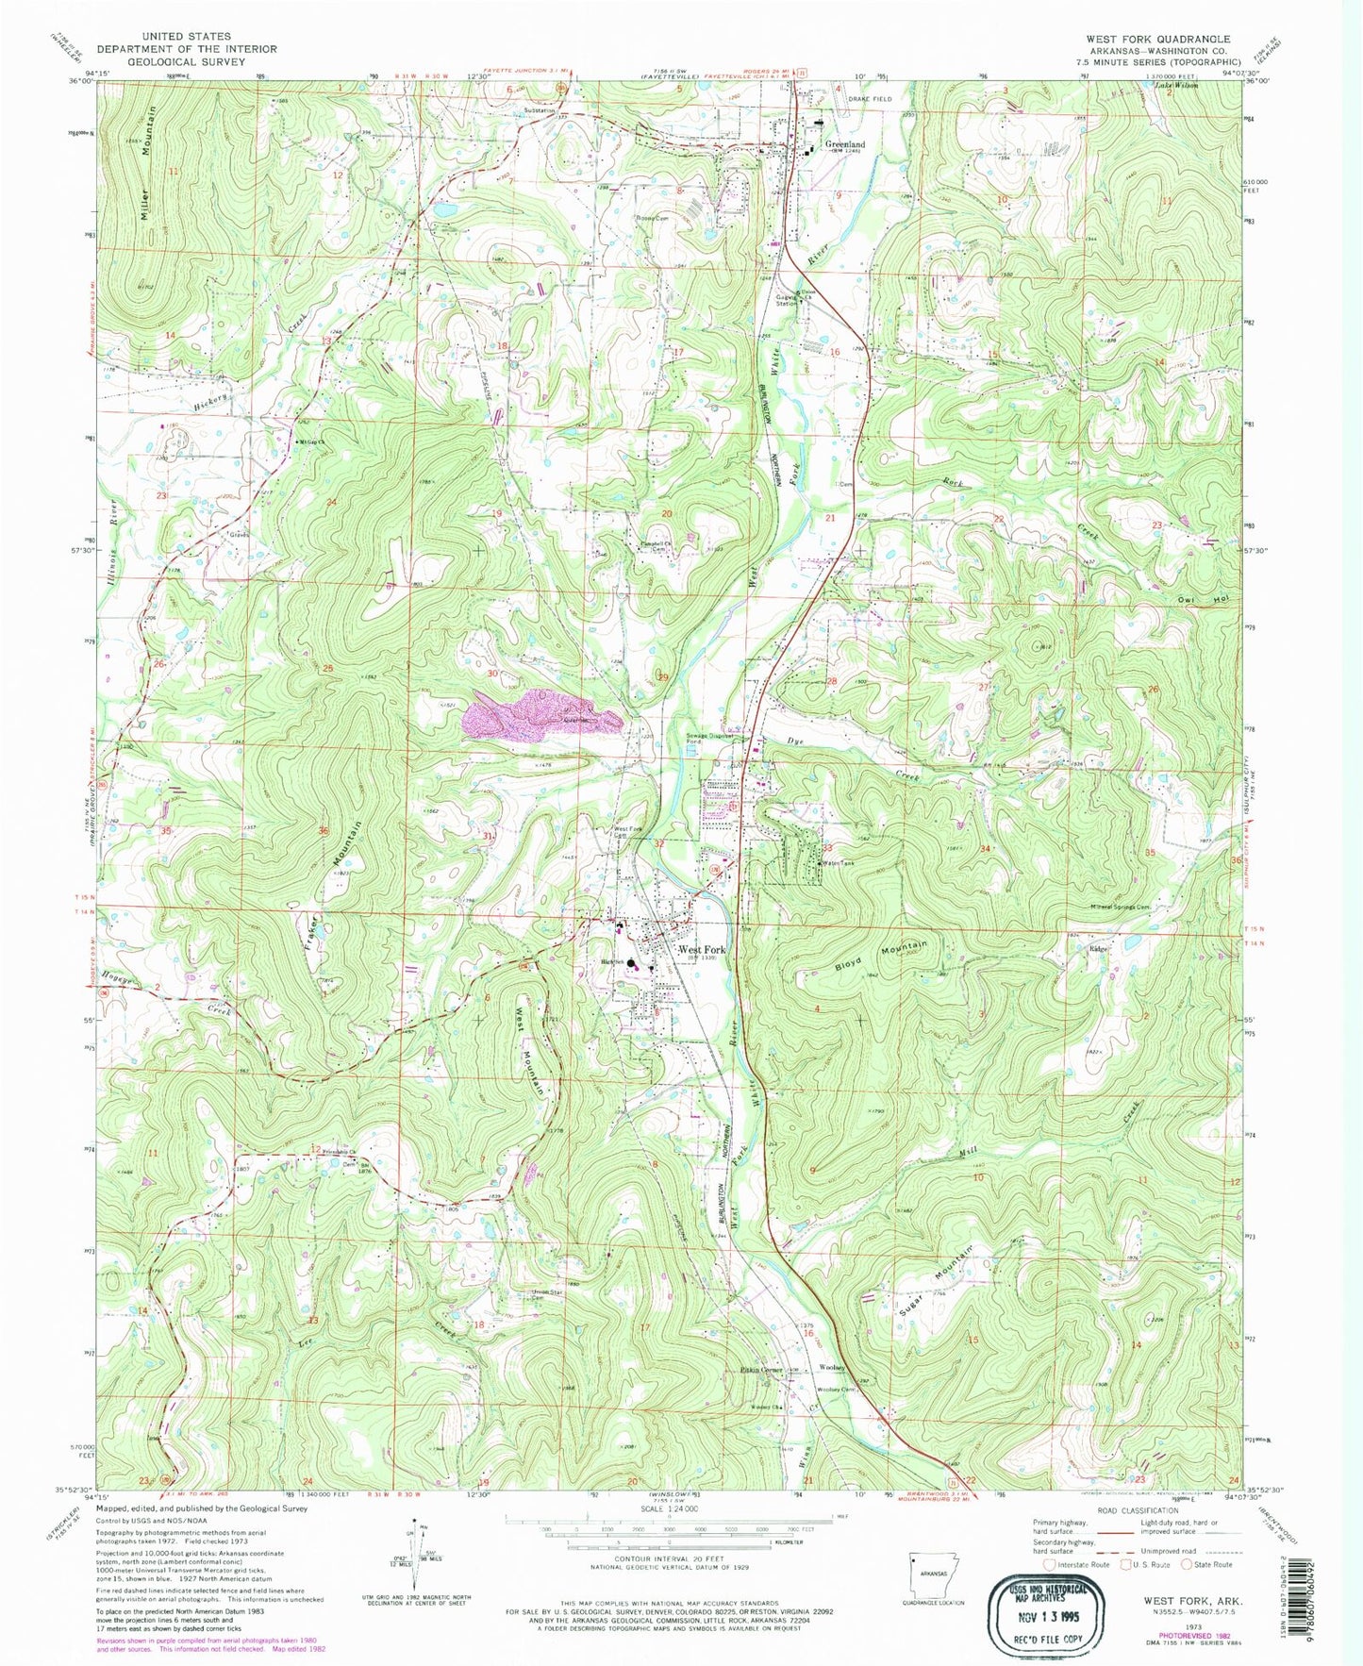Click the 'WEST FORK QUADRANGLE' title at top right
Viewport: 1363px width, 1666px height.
[x=1157, y=39]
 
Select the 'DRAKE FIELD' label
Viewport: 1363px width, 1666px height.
[x=869, y=98]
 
